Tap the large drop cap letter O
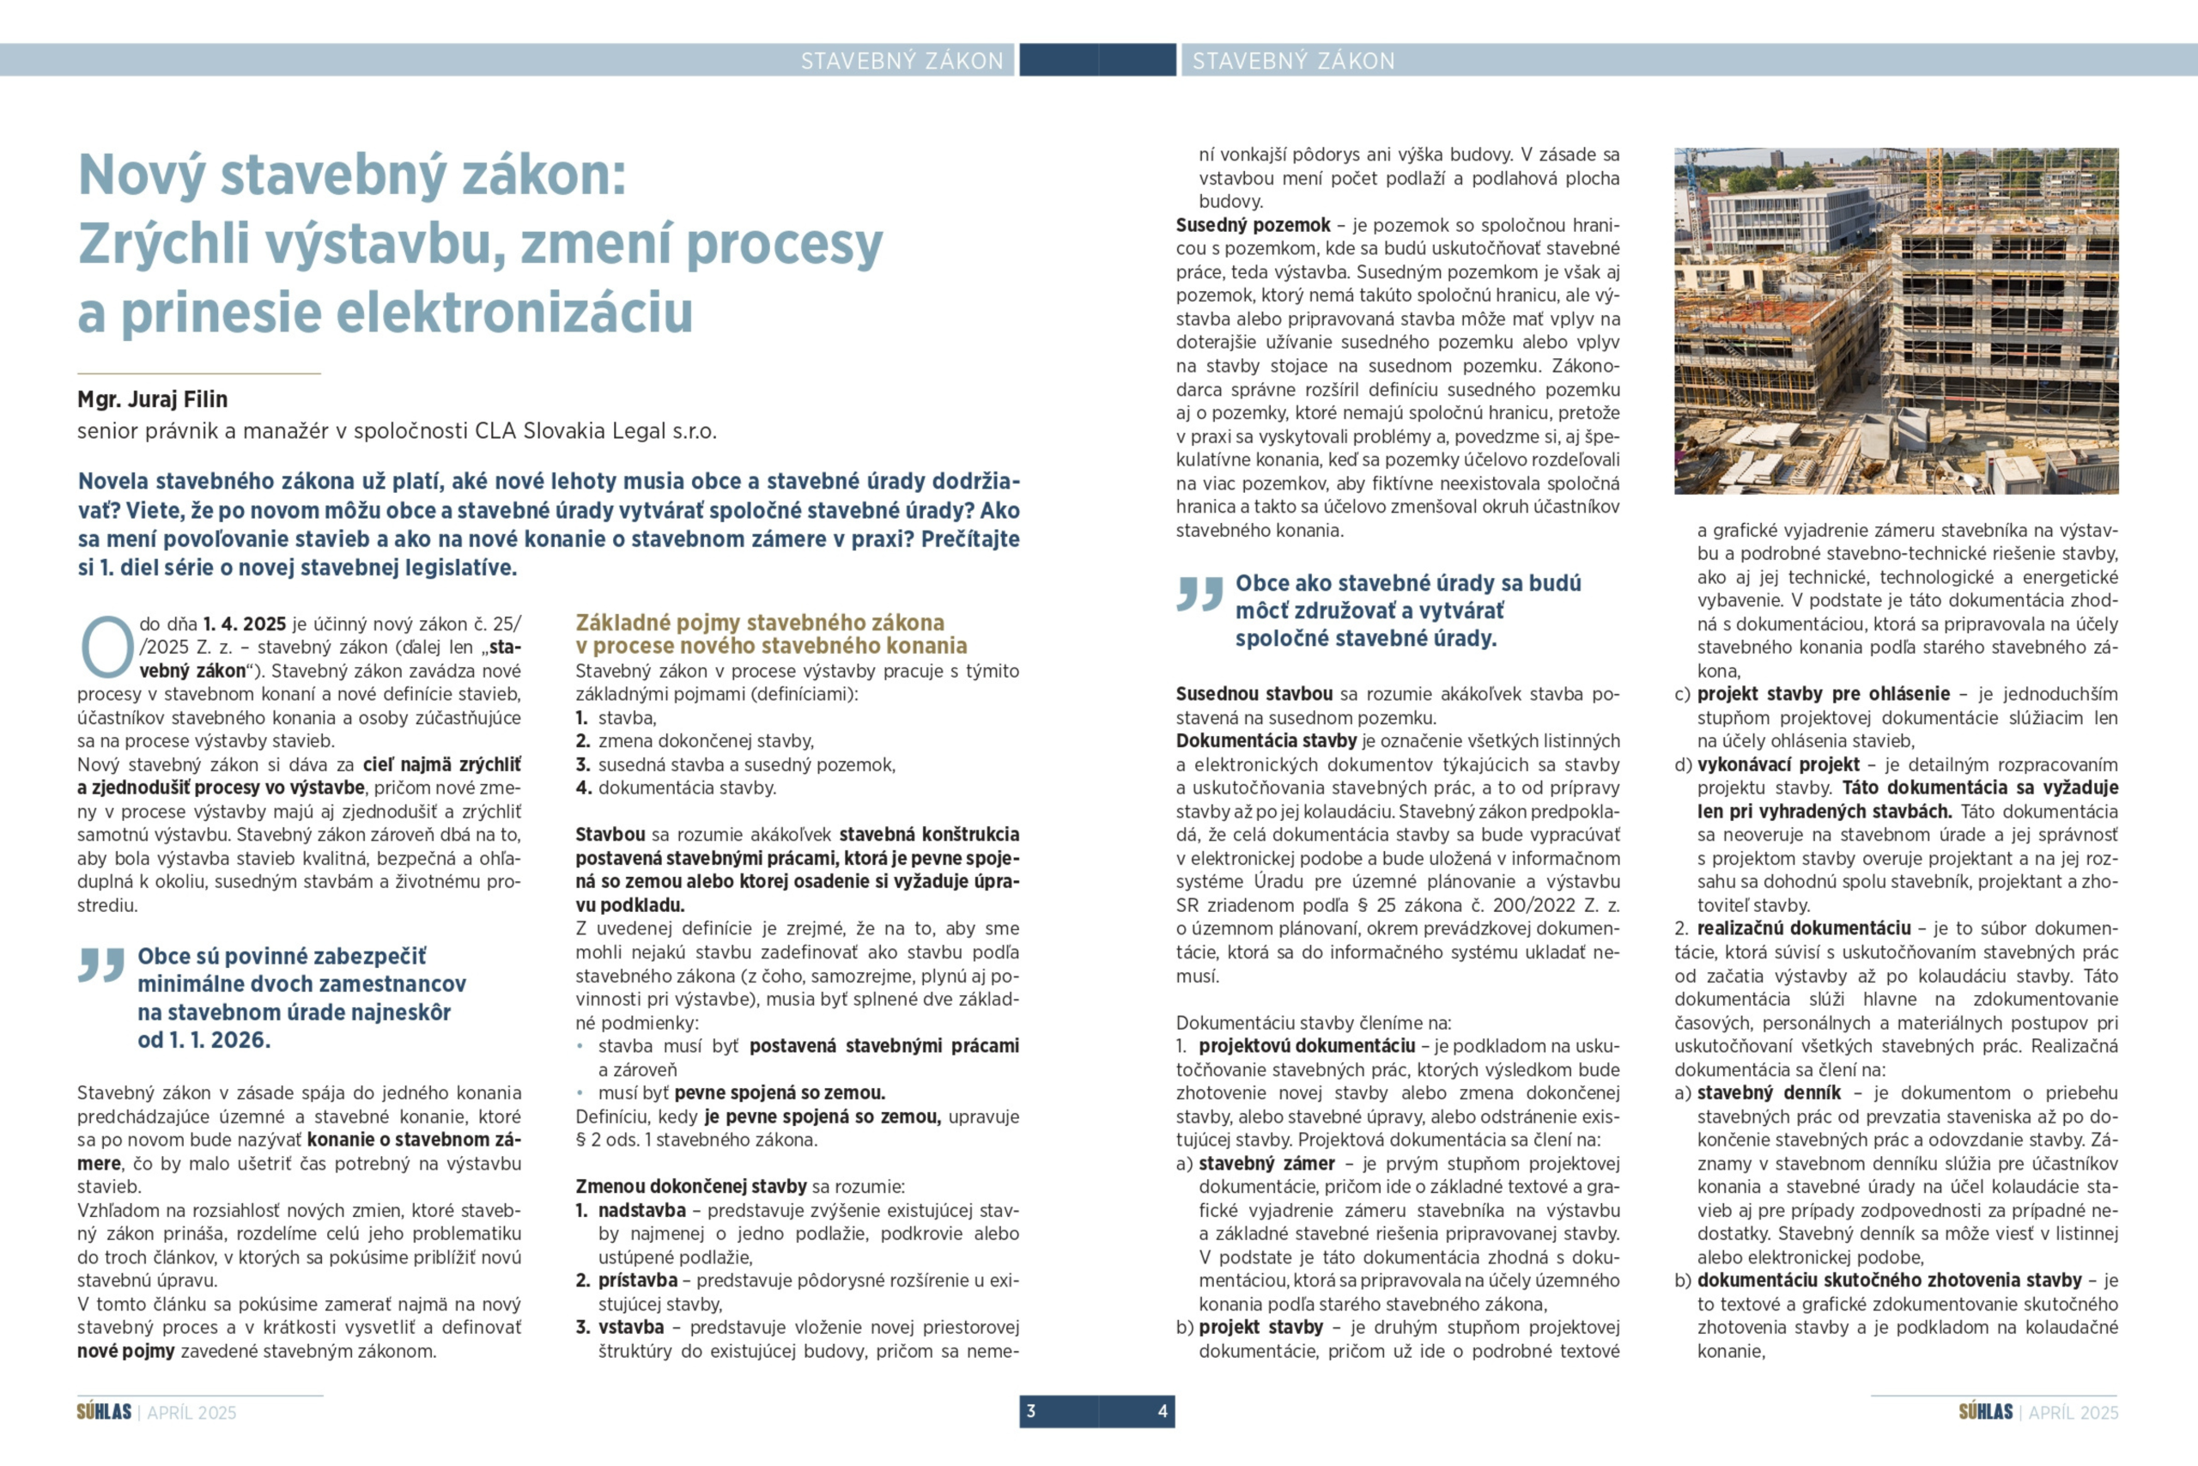[106, 646]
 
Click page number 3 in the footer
[1031, 1411]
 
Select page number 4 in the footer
[1163, 1411]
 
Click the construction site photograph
[1895, 320]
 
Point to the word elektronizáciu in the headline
[514, 313]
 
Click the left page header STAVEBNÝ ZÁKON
[901, 61]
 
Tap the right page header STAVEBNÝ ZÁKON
[1293, 61]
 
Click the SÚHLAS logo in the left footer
[104, 1412]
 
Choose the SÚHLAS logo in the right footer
[1985, 1412]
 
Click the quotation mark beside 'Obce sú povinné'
[101, 964]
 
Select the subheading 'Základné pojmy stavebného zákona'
[760, 623]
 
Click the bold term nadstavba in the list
[642, 1210]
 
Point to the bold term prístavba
[638, 1280]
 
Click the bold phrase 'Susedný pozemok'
[1253, 225]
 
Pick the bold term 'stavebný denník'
[1768, 1093]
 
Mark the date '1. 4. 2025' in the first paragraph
[244, 624]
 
